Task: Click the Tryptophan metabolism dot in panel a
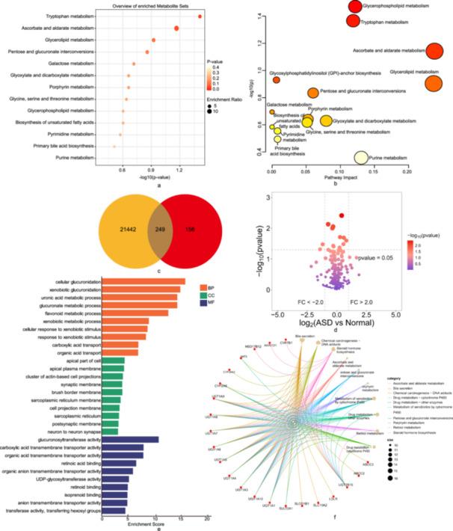pos(200,16)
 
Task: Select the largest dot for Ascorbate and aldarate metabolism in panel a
pos(176,28)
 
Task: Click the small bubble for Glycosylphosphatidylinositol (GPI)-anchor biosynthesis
pos(276,80)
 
